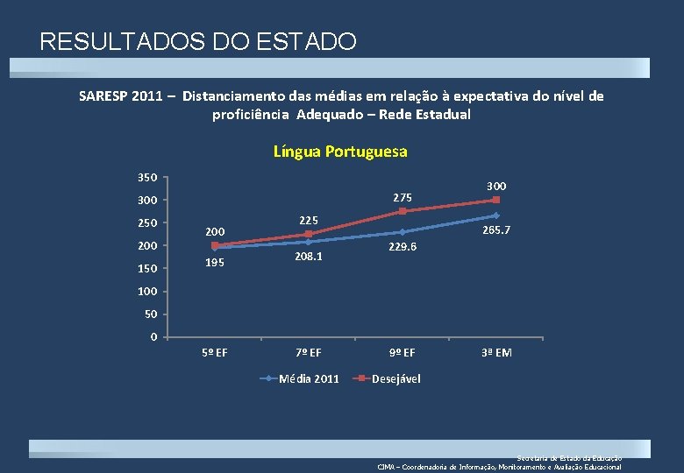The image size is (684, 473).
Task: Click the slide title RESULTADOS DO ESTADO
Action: pyautogui.click(x=198, y=41)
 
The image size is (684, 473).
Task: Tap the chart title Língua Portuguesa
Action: pyautogui.click(x=340, y=152)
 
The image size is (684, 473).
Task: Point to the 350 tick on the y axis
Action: pyautogui.click(x=147, y=178)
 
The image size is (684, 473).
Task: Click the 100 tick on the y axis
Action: pyautogui.click(x=147, y=291)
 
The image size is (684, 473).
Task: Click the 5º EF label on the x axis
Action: pyautogui.click(x=215, y=353)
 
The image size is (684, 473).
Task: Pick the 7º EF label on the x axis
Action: pyautogui.click(x=309, y=353)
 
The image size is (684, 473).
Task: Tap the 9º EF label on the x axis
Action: pyautogui.click(x=403, y=353)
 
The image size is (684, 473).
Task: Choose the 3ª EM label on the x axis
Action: pyautogui.click(x=496, y=353)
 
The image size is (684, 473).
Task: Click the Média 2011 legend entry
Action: pyautogui.click(x=308, y=378)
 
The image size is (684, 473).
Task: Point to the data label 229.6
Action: pyautogui.click(x=403, y=248)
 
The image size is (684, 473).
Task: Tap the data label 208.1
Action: pyautogui.click(x=309, y=257)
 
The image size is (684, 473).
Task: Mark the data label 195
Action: pyautogui.click(x=215, y=263)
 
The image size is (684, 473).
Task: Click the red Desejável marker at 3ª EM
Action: pyautogui.click(x=496, y=200)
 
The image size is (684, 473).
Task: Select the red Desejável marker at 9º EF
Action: pyautogui.click(x=403, y=211)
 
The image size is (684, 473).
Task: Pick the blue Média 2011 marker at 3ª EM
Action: pyautogui.click(x=496, y=215)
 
